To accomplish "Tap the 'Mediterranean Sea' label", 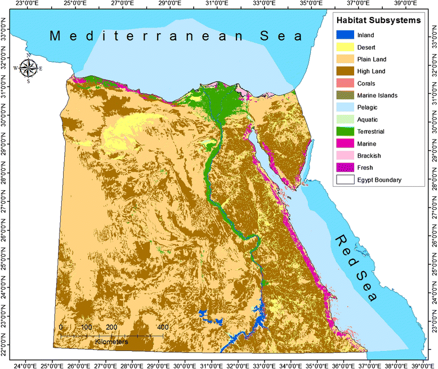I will (176, 37).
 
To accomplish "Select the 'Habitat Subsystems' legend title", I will (377, 20).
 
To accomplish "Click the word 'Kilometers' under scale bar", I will (111, 341).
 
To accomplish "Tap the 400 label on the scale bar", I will (163, 327).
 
